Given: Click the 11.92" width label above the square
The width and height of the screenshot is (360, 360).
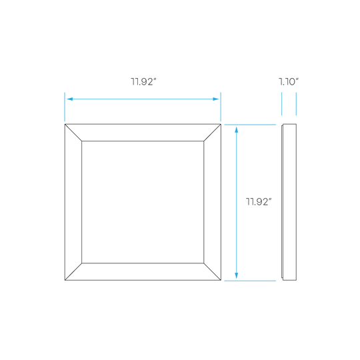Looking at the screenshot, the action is (x=143, y=82).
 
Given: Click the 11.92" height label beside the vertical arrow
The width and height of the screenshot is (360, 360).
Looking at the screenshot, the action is (x=259, y=201).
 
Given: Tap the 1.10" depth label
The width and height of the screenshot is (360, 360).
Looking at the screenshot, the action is (x=289, y=82).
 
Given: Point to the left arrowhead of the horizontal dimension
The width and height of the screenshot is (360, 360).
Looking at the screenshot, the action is (x=70, y=99).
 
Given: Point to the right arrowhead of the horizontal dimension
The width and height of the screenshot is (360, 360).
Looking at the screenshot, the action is (x=215, y=99).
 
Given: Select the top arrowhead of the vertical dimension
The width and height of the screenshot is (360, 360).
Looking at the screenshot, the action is (x=236, y=130).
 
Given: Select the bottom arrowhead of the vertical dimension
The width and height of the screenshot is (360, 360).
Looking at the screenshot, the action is (x=236, y=275).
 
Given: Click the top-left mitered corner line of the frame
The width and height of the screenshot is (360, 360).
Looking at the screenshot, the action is (x=73, y=133).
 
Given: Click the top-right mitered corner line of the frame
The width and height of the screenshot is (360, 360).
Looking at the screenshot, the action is (x=212, y=133).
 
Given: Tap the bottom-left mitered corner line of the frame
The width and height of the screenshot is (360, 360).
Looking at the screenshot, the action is (x=73, y=271).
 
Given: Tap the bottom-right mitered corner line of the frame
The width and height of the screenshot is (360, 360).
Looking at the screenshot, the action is (x=212, y=271).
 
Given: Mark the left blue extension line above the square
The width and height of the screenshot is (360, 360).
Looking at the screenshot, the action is (x=65, y=107).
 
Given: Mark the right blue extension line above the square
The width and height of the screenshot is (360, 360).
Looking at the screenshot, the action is (x=221, y=107).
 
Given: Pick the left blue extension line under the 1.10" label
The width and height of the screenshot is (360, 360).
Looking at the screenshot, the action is (x=282, y=104).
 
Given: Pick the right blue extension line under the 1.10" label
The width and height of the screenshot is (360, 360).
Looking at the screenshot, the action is (x=296, y=104).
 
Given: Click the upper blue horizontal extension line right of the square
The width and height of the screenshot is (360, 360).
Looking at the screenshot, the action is (x=250, y=125).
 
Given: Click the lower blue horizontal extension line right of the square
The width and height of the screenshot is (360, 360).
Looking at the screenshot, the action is (x=250, y=281).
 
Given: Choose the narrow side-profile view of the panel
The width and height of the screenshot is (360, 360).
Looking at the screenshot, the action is (x=289, y=202).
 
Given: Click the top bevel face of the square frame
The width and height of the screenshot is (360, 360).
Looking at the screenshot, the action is (x=143, y=133).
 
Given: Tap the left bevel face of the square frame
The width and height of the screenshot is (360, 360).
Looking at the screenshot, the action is (x=73, y=202).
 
